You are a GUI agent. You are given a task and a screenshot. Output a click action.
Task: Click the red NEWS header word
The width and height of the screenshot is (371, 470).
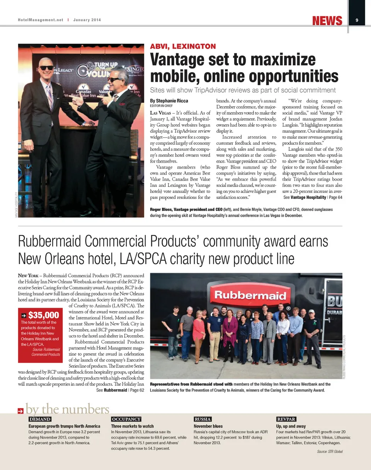pos(327,20)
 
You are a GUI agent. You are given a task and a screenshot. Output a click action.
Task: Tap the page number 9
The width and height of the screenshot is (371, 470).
pos(357,20)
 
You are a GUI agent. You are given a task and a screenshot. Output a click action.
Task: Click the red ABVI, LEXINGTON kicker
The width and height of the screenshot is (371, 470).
pos(183,47)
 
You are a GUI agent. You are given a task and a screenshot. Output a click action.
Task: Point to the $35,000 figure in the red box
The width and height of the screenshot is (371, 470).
pos(43,315)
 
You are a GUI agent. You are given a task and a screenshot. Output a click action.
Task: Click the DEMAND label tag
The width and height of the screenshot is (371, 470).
pos(40,419)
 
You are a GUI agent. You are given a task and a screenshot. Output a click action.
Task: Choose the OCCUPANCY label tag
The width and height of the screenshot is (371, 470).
pos(126,419)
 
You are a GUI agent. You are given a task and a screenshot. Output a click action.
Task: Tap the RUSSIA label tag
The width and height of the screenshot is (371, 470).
pos(203,419)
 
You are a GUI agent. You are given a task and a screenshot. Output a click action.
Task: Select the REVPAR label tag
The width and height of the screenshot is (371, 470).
pos(286,419)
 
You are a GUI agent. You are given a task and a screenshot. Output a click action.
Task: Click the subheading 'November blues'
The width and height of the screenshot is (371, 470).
pos(208,426)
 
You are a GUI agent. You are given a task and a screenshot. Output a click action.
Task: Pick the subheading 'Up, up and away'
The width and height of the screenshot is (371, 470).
pos(291,426)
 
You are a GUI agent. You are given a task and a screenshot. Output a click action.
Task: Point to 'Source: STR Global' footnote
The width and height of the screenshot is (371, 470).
pos(330,451)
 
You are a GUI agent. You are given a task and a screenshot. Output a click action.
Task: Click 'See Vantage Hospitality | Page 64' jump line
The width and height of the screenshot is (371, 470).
pos(313,197)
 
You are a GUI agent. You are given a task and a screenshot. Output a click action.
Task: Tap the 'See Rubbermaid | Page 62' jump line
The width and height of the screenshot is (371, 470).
pos(120,390)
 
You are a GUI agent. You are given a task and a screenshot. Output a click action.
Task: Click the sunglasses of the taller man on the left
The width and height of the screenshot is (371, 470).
pos(47,68)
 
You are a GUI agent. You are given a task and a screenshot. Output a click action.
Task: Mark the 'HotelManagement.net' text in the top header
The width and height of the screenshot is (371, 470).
pos(40,20)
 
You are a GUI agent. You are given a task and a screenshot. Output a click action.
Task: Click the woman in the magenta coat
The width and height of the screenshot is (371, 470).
pos(230,332)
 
